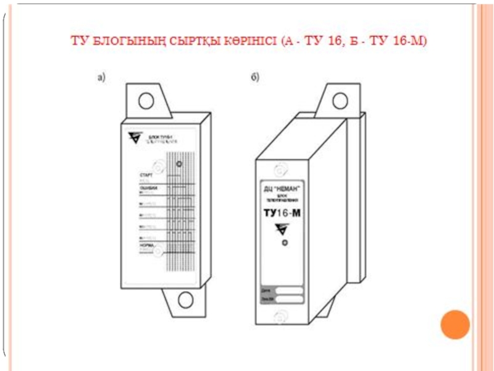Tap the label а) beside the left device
(x=101, y=77)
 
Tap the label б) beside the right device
(x=254, y=77)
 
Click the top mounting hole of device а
(x=146, y=100)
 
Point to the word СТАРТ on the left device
(x=147, y=176)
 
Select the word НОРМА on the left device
(x=148, y=245)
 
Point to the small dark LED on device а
(x=179, y=164)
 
